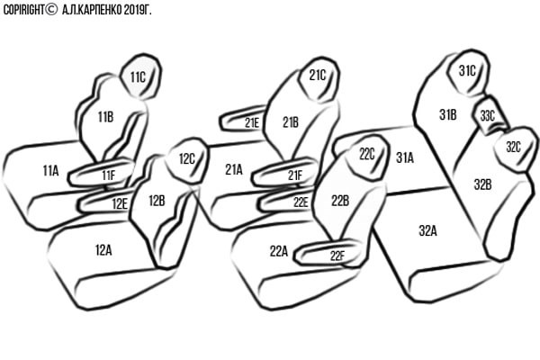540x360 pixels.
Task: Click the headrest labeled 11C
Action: tap(141, 76)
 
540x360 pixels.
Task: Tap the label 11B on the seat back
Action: tap(105, 117)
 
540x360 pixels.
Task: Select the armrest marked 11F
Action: tap(102, 174)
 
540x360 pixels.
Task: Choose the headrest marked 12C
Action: tap(187, 160)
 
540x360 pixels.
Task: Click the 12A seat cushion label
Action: tap(103, 250)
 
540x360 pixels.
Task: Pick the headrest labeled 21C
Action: tap(319, 79)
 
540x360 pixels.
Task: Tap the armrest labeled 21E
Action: tap(242, 119)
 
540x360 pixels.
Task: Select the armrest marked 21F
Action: tap(285, 173)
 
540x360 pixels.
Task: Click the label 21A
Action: tap(234, 169)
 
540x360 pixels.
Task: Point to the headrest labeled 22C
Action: tap(367, 157)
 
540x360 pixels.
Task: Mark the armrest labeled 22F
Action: tap(328, 253)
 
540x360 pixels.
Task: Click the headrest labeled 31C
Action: tap(468, 72)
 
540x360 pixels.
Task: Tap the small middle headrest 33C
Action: tap(490, 116)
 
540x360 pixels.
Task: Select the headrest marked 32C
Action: tap(515, 148)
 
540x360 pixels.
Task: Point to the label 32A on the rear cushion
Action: tap(427, 230)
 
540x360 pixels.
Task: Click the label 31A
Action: tap(405, 157)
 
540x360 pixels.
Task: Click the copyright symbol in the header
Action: tap(51, 9)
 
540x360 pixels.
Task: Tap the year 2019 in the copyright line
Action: tap(133, 10)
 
